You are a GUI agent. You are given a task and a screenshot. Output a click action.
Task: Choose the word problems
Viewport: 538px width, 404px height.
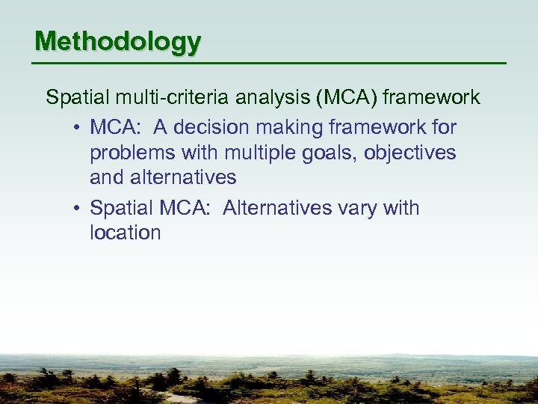click(x=129, y=153)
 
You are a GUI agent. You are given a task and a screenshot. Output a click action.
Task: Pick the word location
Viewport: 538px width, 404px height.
click(x=125, y=233)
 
